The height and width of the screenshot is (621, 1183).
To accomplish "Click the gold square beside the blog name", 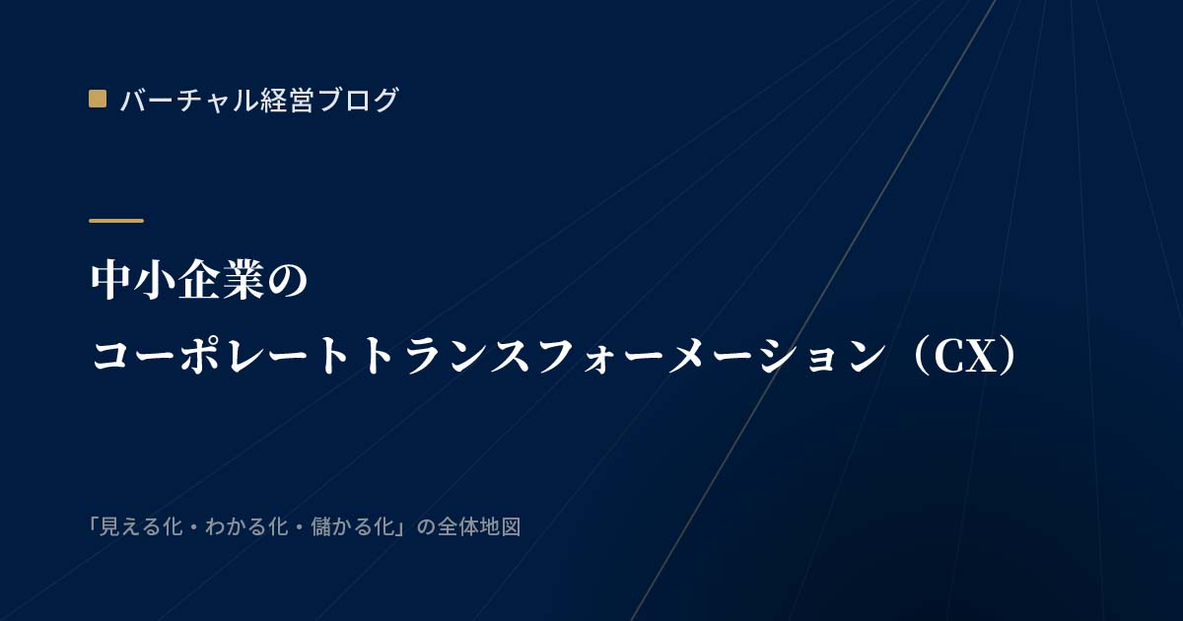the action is (x=98, y=99).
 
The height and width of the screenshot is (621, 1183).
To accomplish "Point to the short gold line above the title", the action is (x=116, y=221).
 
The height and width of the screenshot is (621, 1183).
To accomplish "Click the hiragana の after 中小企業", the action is (x=286, y=282).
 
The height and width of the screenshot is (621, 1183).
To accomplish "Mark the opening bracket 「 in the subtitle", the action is (x=94, y=525).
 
